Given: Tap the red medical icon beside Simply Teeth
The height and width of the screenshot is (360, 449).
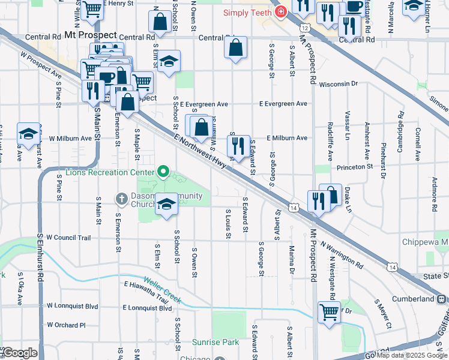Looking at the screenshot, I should pos(280,12).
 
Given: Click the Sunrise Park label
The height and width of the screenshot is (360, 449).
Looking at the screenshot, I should pos(215,343).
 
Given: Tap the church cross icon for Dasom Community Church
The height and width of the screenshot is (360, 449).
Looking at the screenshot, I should pos(122,198).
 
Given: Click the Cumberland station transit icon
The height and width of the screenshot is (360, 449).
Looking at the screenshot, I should pos(442,299).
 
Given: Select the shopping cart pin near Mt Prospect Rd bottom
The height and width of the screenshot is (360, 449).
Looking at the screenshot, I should pos(330,311).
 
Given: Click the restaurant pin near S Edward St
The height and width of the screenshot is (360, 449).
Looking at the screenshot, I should pos(238,145).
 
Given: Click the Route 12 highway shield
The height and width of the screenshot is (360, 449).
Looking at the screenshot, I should pos(306,28).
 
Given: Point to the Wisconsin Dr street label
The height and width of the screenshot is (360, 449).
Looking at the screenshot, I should pos(338,85).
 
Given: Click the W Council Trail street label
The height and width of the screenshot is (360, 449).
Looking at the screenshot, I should pos(68,238).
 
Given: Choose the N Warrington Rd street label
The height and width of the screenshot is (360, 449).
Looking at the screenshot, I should pos(342,255).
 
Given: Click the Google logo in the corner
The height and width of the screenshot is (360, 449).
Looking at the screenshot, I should pos(20,353).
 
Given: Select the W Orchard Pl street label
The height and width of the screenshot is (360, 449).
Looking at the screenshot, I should pos(66,325).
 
